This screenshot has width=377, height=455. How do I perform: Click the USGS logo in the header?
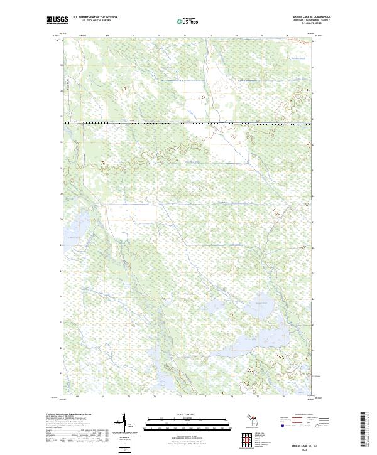tap(57, 20)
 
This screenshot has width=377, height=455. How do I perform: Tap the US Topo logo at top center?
tap(188, 21)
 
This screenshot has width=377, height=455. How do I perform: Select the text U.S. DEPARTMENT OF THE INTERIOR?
tap(95, 18)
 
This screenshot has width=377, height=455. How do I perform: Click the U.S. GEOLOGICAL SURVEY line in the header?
tap(95, 21)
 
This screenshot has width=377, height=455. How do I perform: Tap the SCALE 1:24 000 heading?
tap(188, 415)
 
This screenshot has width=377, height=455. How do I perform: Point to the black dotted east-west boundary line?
tap(188, 122)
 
